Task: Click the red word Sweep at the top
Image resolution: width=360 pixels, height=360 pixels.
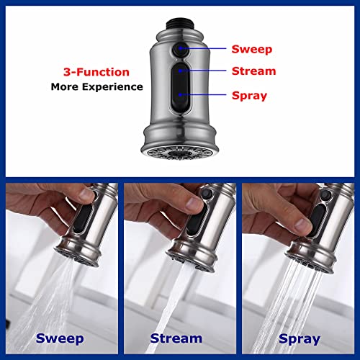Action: tap(251, 50)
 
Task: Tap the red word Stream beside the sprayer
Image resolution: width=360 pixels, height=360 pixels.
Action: tap(253, 71)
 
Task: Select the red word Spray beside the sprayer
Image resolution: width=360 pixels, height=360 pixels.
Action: tap(249, 94)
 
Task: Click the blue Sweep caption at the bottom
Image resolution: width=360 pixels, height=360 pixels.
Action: tap(60, 338)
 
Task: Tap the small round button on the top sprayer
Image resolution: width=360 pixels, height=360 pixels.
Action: tap(180, 50)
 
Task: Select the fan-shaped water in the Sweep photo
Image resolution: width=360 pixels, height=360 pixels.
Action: tap(43, 295)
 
